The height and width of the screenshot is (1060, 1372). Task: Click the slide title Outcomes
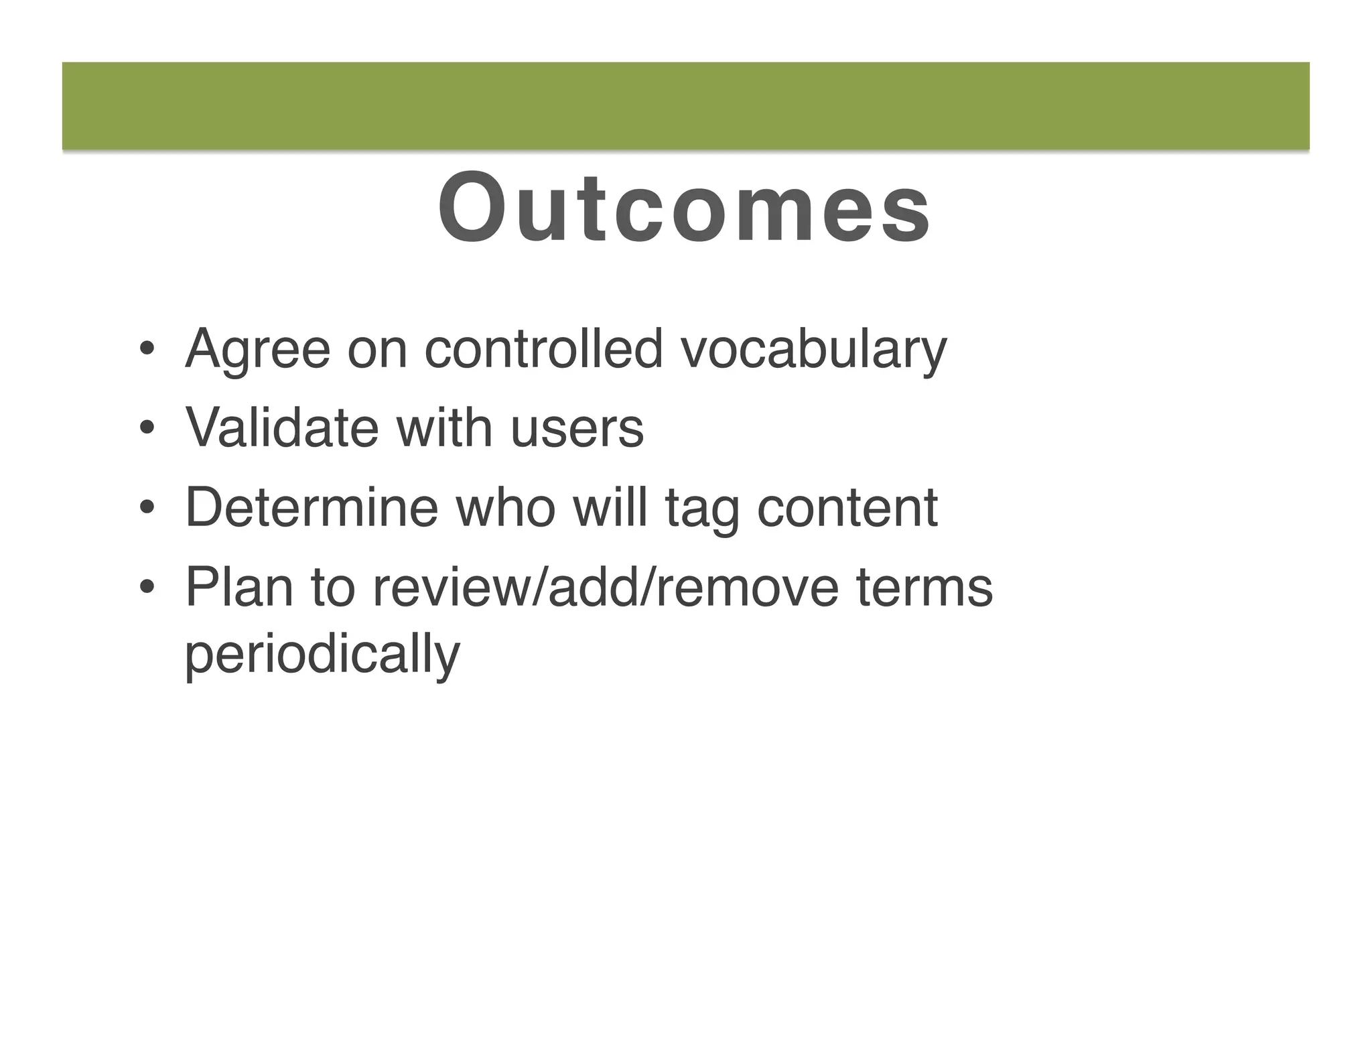[684, 208]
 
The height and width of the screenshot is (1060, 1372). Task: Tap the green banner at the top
[685, 105]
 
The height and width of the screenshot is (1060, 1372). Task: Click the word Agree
[258, 350]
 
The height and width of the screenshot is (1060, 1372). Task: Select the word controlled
[544, 348]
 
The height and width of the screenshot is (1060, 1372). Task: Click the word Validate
[282, 427]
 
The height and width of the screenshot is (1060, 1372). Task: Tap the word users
[577, 429]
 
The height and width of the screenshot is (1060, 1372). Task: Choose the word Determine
[312, 507]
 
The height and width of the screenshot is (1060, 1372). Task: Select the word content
[847, 507]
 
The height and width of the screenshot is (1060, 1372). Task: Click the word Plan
[239, 587]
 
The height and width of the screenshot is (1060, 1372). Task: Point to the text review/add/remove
[605, 587]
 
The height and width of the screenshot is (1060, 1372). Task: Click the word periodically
[322, 655]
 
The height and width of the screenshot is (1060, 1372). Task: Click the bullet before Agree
[147, 350]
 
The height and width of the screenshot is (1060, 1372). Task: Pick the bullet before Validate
[147, 429]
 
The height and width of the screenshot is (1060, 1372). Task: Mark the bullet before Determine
[147, 509]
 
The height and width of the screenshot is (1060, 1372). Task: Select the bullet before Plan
[147, 588]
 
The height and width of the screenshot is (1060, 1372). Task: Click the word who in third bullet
[506, 507]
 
